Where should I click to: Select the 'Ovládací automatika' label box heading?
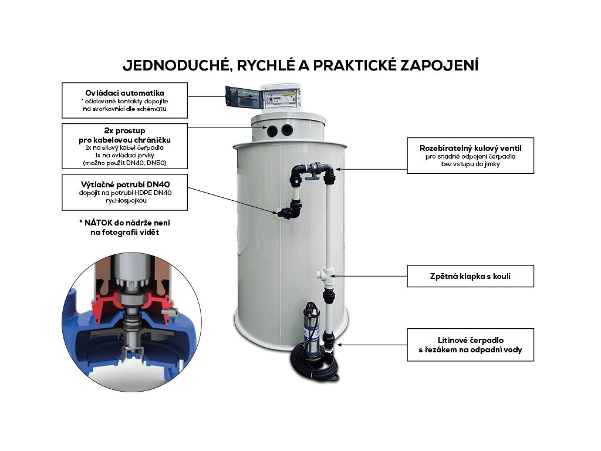(124, 93)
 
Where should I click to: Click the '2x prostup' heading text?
(124, 130)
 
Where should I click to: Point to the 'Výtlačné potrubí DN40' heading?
(125, 184)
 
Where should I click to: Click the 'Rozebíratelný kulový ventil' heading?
(470, 148)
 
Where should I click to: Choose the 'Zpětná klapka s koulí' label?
(470, 276)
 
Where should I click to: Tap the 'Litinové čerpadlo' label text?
(470, 340)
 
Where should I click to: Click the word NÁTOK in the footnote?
(98, 223)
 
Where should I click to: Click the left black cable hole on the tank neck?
(272, 131)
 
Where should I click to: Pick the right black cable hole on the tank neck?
(287, 130)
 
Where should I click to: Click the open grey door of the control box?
(244, 97)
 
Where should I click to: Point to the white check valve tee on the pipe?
(327, 275)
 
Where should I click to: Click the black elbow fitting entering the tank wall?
(291, 210)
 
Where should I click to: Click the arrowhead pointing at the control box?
(224, 96)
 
